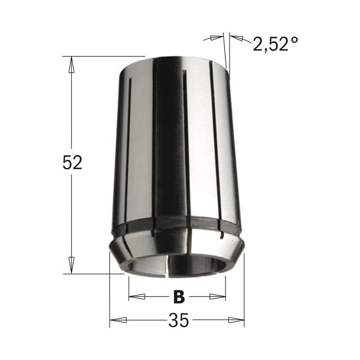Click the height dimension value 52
click(x=72, y=162)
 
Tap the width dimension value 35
click(x=179, y=320)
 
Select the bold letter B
click(x=179, y=297)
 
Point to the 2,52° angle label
click(x=275, y=44)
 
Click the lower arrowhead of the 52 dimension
click(x=72, y=265)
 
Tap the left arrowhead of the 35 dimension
click(x=118, y=320)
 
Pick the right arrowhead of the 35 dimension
click(x=236, y=320)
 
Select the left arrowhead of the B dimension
click(x=137, y=297)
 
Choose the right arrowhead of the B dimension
click(x=217, y=297)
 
